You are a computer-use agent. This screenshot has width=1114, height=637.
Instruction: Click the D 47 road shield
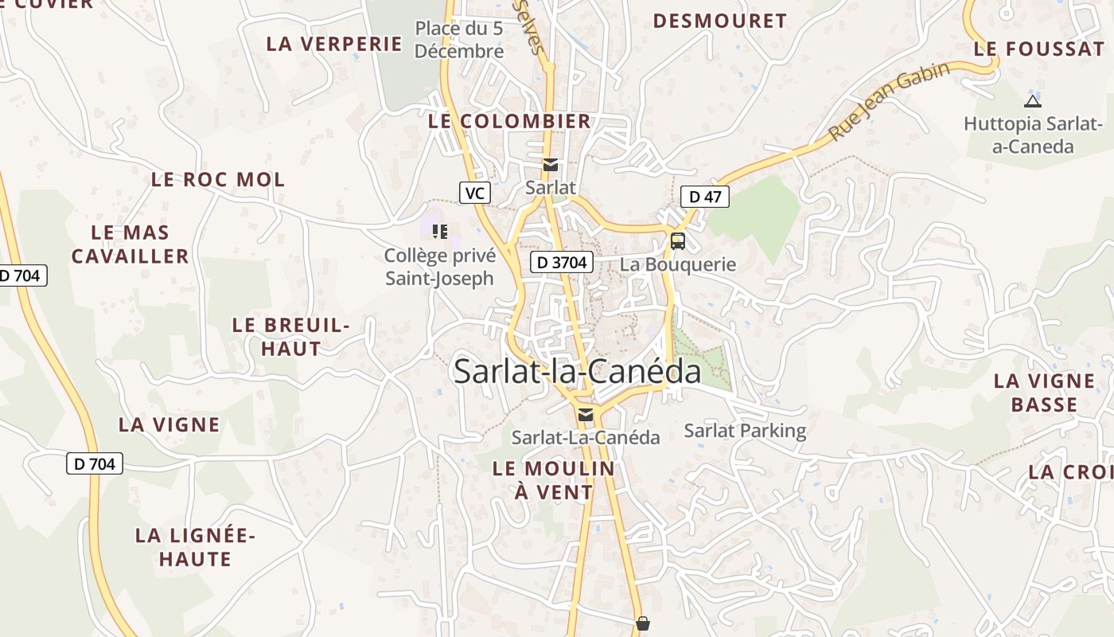705,197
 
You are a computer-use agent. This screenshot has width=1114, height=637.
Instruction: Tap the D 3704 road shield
562,262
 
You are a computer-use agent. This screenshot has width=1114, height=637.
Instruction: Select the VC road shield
475,193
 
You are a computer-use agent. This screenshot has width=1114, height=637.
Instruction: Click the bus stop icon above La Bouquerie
677,240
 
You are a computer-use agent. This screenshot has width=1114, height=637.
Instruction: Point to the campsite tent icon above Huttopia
1032,101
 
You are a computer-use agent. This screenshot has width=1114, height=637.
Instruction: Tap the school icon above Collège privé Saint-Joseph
440,232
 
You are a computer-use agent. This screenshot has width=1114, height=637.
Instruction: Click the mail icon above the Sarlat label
550,165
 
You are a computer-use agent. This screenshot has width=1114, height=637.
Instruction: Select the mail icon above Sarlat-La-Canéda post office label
586,414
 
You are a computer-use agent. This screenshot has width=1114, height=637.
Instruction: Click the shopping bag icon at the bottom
643,623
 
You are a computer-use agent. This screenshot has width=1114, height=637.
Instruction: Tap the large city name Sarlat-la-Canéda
577,372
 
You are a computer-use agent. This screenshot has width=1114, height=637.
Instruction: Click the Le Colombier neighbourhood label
510,121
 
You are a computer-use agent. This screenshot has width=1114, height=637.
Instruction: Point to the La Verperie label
334,44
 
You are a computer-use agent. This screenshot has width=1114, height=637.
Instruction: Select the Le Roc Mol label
218,180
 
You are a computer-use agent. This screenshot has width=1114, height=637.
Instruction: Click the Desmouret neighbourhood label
720,21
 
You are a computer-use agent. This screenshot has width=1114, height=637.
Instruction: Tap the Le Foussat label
1039,49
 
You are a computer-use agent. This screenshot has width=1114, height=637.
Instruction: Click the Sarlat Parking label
745,431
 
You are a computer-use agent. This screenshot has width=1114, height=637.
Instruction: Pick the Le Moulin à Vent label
554,480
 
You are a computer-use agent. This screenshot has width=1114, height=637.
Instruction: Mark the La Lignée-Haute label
195,547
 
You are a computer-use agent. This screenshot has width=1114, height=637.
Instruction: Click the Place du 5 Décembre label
459,40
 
